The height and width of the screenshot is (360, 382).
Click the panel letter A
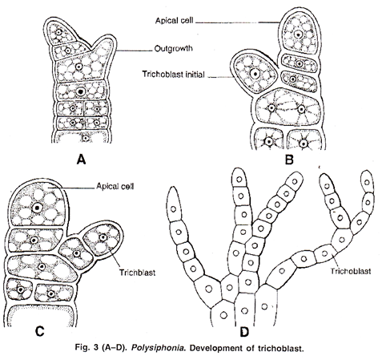(x=82, y=160)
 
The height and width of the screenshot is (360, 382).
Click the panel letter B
(x=289, y=160)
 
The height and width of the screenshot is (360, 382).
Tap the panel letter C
(x=39, y=331)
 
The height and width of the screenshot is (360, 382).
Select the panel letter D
(x=244, y=332)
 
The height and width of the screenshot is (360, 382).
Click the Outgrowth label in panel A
(x=174, y=49)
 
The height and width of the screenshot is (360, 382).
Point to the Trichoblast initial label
(x=173, y=74)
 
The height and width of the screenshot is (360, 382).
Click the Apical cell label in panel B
(x=175, y=21)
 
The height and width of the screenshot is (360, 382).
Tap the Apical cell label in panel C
(x=115, y=186)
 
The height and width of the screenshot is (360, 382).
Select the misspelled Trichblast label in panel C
(x=137, y=273)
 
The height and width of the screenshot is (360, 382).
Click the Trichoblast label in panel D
(x=351, y=271)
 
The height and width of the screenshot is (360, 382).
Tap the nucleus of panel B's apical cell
(x=298, y=34)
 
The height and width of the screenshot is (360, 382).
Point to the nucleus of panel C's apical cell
(x=37, y=208)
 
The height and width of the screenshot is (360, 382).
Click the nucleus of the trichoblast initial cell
(x=255, y=73)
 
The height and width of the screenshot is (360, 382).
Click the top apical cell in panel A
(x=58, y=31)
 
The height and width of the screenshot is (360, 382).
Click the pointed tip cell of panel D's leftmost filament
(x=173, y=204)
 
